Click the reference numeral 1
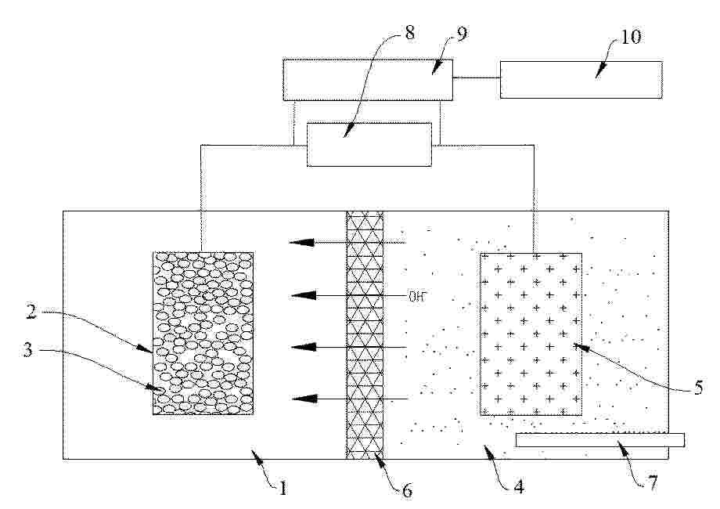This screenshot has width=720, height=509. (283, 488)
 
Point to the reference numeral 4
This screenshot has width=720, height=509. (517, 486)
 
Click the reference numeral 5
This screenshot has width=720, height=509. (697, 386)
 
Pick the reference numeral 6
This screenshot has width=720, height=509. (407, 491)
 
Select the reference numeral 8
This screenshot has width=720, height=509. (410, 34)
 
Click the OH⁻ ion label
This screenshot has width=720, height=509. (419, 296)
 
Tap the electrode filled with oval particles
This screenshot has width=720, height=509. (203, 333)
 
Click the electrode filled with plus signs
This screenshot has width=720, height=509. (531, 334)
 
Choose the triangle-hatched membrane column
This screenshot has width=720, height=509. (365, 334)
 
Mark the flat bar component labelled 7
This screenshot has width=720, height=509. (600, 440)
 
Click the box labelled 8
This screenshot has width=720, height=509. (368, 144)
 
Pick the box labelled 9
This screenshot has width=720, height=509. (368, 80)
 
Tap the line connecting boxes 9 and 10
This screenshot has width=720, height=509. (477, 77)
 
